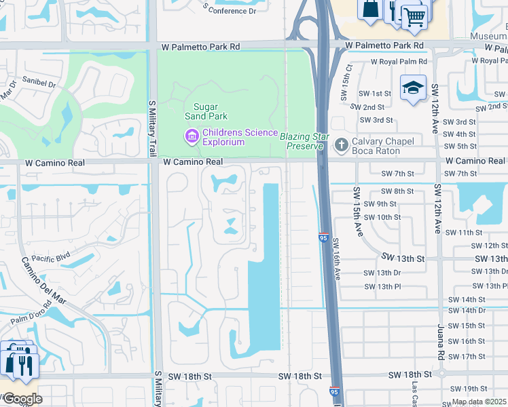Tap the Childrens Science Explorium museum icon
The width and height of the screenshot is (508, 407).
[191, 137]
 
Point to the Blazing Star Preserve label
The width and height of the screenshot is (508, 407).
[302, 141]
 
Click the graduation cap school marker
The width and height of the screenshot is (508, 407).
[413, 89]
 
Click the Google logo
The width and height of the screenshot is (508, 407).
[22, 399]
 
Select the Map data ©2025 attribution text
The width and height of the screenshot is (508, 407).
[479, 402]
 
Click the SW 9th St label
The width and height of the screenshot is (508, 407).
[380, 203]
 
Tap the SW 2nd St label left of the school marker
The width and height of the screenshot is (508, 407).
[368, 107]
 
